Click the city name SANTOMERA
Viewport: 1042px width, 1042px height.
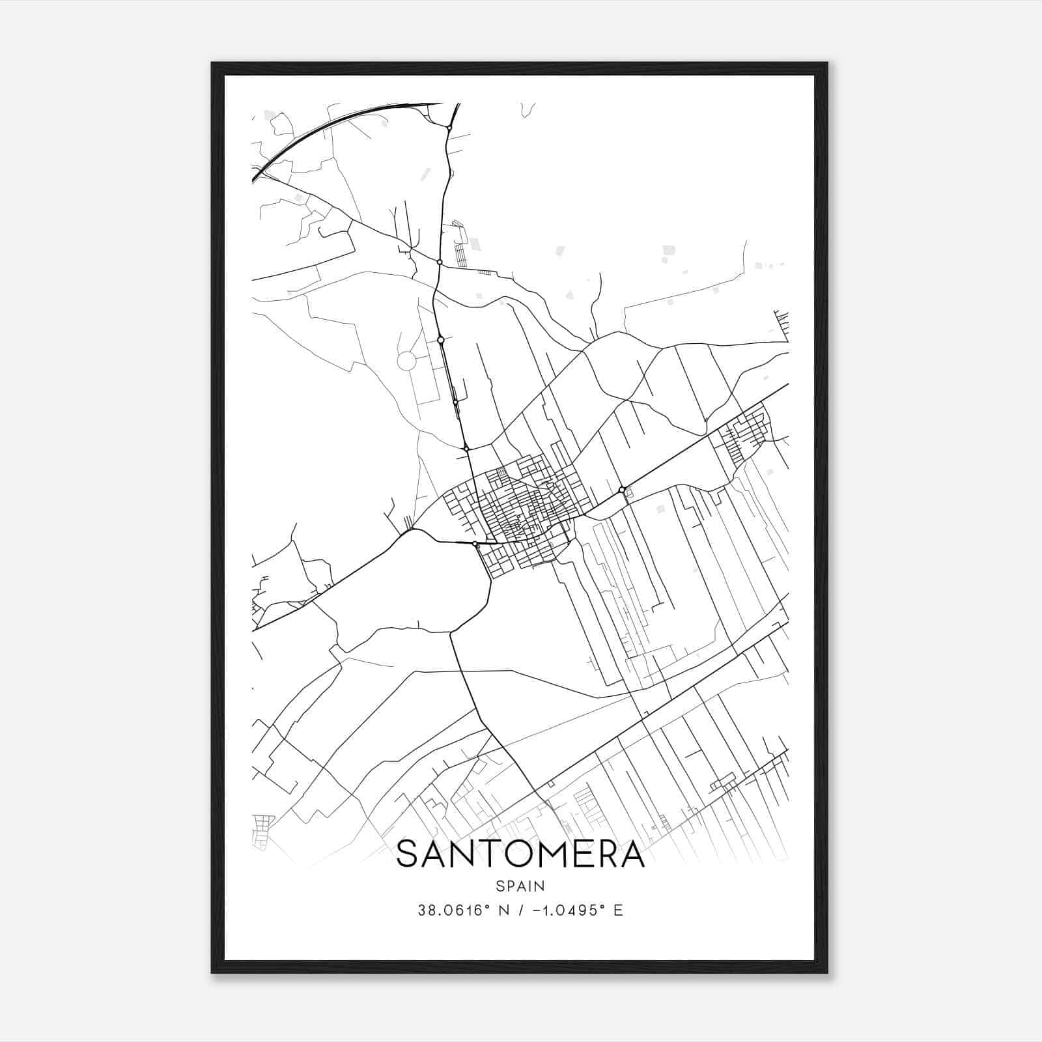point(520,854)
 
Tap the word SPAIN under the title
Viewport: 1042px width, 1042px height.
point(520,886)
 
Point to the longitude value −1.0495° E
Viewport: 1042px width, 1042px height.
point(577,910)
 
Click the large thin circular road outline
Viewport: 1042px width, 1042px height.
point(406,361)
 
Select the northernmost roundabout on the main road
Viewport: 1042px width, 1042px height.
point(449,128)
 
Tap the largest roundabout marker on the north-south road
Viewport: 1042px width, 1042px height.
point(441,340)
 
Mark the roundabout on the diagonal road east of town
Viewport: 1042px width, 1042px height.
point(622,489)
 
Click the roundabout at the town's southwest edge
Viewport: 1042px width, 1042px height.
point(475,543)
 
